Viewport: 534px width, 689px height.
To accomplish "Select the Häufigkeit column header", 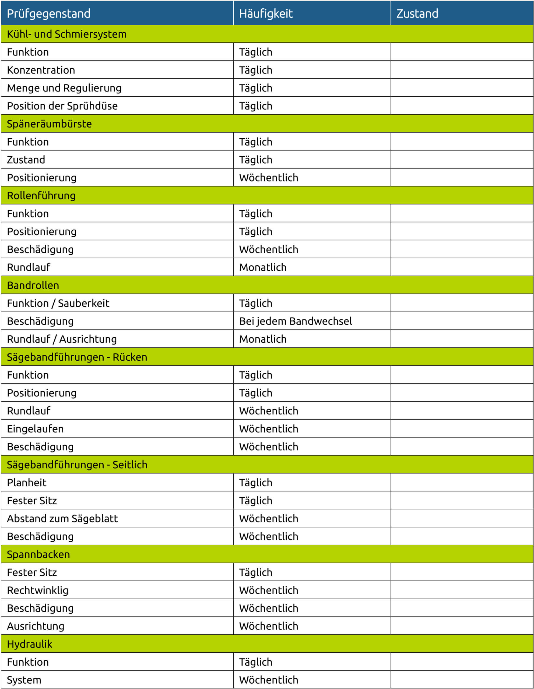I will [x=266, y=13].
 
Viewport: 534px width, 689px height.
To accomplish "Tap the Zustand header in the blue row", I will [x=417, y=13].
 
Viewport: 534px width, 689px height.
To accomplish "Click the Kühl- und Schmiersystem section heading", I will [x=66, y=34].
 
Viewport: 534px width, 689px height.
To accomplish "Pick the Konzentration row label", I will [x=41, y=70].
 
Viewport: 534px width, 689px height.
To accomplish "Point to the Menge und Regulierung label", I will [x=64, y=88].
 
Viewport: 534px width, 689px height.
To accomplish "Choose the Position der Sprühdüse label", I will [x=62, y=106].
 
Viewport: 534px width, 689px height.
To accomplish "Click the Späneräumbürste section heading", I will [x=49, y=124].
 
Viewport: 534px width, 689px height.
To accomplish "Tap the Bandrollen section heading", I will [x=33, y=285].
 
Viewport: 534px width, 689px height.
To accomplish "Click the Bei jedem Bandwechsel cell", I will [x=295, y=321].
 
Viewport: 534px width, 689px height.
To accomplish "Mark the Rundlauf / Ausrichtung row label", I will [x=62, y=339].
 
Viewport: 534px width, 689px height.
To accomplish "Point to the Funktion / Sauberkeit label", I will [x=58, y=303].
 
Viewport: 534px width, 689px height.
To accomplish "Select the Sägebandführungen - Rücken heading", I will [x=77, y=357].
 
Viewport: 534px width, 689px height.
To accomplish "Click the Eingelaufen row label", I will [x=35, y=429].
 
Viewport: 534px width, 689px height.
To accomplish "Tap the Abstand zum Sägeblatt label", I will [x=62, y=519].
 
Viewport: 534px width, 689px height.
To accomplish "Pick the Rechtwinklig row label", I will [x=37, y=590].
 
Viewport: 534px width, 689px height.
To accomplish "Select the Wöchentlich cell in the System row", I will [x=268, y=680].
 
